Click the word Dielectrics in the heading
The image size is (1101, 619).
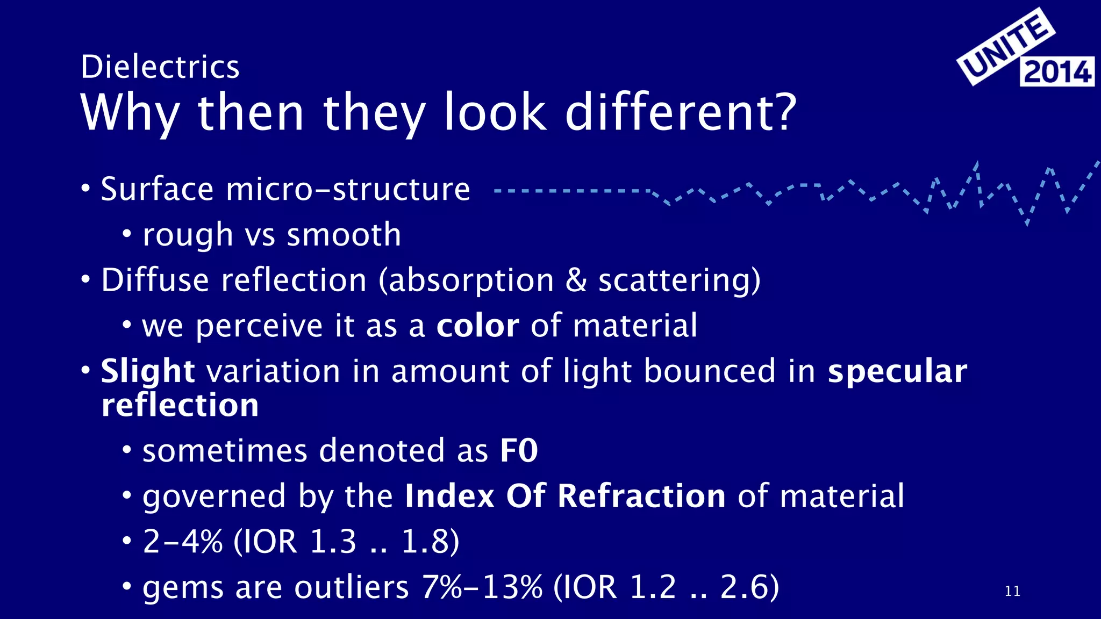pyautogui.click(x=160, y=67)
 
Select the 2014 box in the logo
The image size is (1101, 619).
pyautogui.click(x=1057, y=71)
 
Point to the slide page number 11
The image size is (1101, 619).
pyautogui.click(x=1012, y=591)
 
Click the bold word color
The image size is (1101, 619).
pyautogui.click(x=477, y=326)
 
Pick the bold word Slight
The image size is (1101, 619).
pyautogui.click(x=147, y=371)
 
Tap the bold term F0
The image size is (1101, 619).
pyautogui.click(x=519, y=450)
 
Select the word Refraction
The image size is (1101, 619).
pyautogui.click(x=641, y=495)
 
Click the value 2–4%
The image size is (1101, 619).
pyautogui.click(x=183, y=541)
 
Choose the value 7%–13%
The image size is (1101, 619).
pyautogui.click(x=482, y=587)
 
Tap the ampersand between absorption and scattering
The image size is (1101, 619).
pyautogui.click(x=576, y=280)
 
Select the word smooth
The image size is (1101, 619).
pyautogui.click(x=344, y=235)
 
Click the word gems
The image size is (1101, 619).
pyautogui.click(x=183, y=587)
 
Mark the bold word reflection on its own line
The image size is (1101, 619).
pyautogui.click(x=180, y=405)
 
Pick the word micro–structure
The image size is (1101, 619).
pyautogui.click(x=348, y=189)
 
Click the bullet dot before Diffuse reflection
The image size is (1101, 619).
pyautogui.click(x=85, y=280)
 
